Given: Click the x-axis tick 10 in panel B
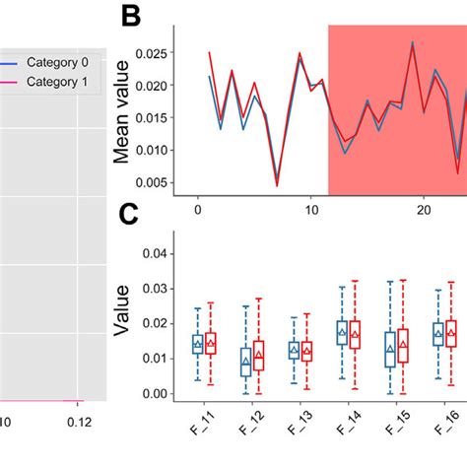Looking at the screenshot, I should [x=311, y=209].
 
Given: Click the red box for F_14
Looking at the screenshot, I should [x=355, y=335].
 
